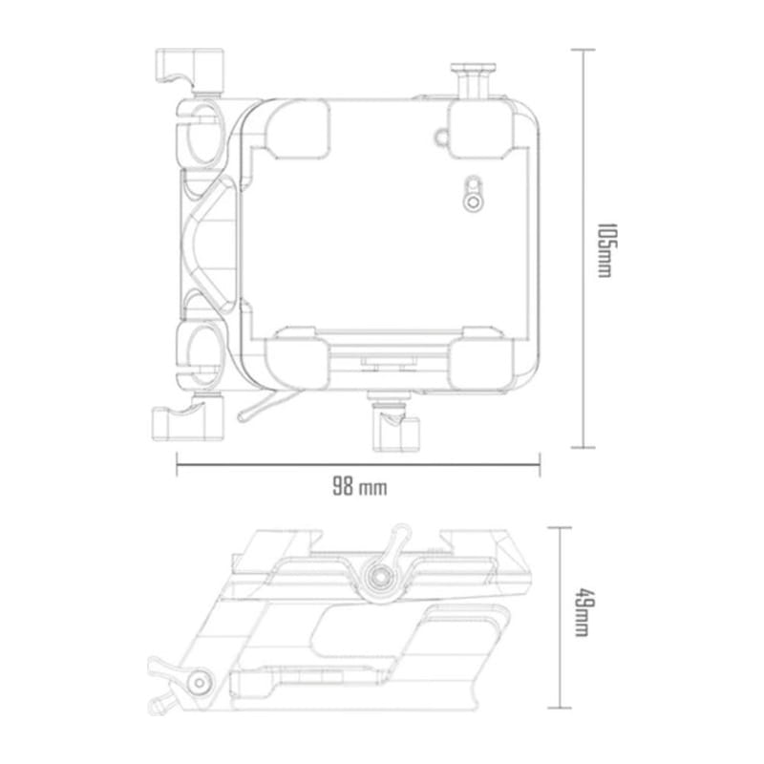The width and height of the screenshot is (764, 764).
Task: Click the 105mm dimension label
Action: point(604,251)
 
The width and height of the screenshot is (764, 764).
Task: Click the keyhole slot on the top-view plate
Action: point(470,194)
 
